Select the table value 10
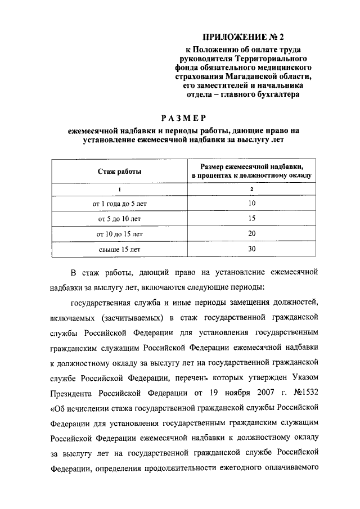tap(251, 203)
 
